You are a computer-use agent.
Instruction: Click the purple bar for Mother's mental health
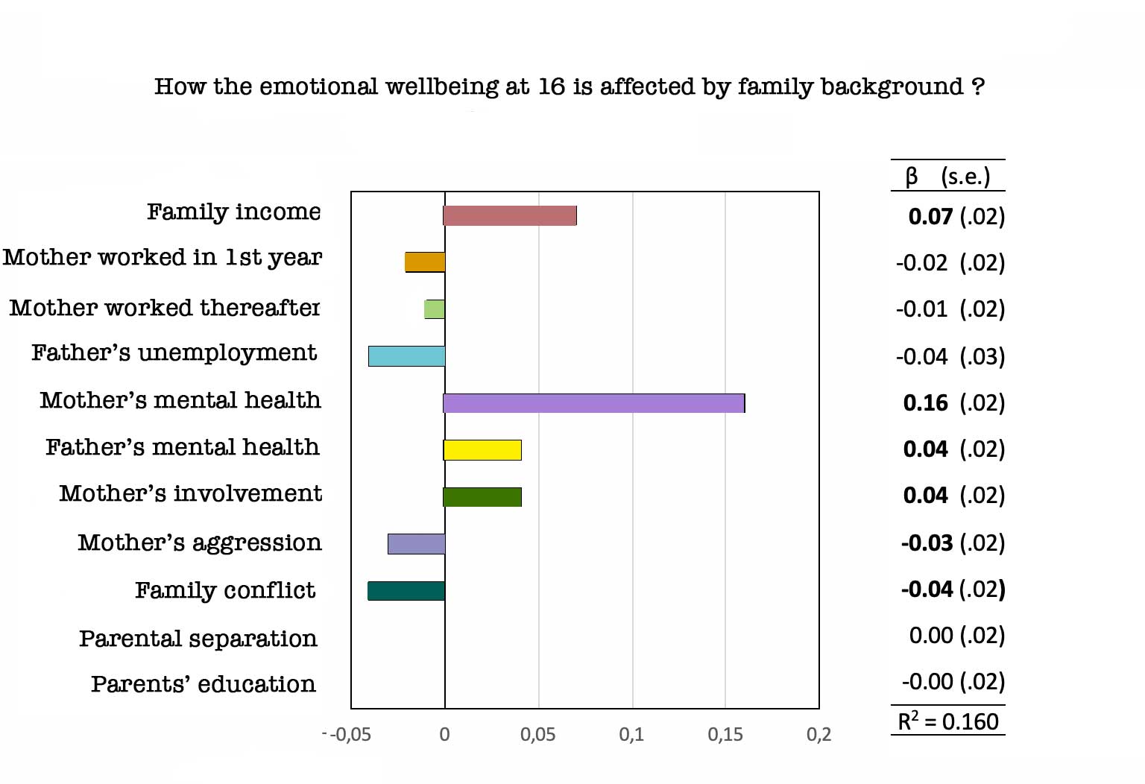(594, 403)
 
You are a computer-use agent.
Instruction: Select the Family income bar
(510, 215)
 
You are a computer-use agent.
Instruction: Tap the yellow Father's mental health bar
(482, 450)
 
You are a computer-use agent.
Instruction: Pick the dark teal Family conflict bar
(406, 591)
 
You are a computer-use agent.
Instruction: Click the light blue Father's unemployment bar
(406, 356)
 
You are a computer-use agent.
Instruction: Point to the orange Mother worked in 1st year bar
(425, 262)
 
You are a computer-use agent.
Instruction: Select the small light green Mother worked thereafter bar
(435, 309)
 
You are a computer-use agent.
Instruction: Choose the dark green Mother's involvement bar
(482, 497)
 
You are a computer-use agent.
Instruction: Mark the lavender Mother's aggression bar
(416, 544)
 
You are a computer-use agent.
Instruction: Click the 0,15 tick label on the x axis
(725, 735)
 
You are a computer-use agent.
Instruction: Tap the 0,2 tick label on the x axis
(818, 735)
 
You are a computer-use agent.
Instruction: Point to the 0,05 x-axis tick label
(537, 735)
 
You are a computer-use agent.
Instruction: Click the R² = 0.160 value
(948, 721)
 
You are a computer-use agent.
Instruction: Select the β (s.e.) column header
(948, 177)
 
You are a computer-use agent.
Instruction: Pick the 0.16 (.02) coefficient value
(953, 403)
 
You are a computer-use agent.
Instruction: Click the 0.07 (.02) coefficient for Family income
(956, 217)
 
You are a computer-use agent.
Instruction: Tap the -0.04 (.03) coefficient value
(950, 357)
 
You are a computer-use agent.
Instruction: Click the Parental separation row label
(198, 639)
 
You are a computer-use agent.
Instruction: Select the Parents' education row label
(204, 684)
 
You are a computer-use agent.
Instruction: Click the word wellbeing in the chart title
(441, 87)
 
